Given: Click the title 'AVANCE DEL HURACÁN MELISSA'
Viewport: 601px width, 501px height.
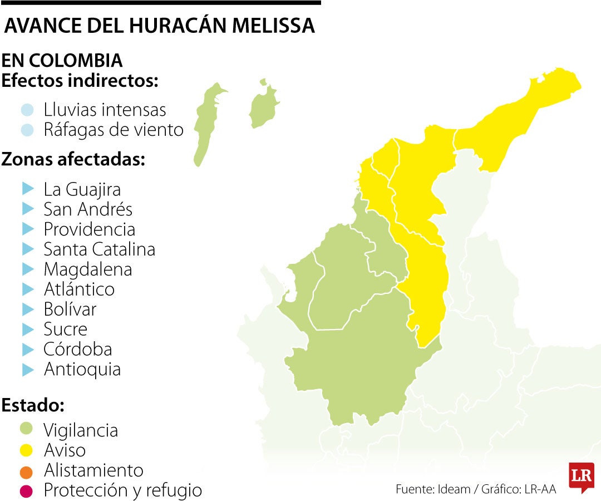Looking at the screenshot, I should (159, 26).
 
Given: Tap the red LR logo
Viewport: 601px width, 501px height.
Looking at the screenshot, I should (581, 477).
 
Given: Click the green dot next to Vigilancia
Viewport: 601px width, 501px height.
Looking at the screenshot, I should (27, 429).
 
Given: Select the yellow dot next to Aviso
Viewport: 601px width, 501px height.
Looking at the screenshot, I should (27, 449).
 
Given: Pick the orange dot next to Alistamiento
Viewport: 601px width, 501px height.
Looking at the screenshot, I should (27, 470).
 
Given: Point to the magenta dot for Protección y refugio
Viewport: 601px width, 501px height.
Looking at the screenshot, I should (27, 490).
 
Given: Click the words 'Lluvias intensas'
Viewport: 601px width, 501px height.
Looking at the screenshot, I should (105, 110).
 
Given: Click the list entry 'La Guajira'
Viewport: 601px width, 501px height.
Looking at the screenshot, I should (82, 189).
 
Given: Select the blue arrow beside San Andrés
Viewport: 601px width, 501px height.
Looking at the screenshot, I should (28, 209).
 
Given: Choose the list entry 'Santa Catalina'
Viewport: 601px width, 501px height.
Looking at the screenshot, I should (99, 249).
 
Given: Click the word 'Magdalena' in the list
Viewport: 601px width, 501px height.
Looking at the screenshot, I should (87, 269).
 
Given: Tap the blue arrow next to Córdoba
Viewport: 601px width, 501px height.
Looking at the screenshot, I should (28, 349).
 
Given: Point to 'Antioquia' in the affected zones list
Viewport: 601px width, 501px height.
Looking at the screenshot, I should (82, 369).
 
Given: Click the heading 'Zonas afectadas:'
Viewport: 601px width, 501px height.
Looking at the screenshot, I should (73, 160).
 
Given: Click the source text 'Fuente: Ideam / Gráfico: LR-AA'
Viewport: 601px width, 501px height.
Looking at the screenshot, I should (476, 489).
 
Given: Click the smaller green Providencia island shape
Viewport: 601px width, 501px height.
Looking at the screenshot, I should (262, 107).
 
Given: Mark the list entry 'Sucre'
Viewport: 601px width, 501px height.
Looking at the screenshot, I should (65, 329).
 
